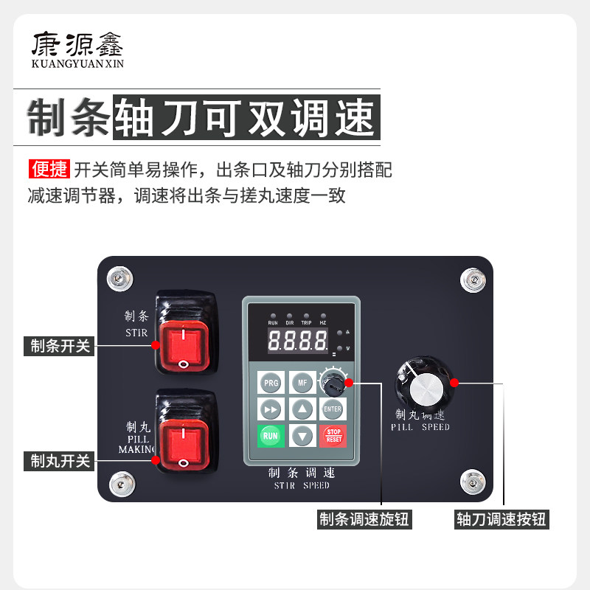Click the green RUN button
pyautogui.click(x=271, y=435)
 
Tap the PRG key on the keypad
pyautogui.click(x=271, y=383)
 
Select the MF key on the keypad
pyautogui.click(x=301, y=383)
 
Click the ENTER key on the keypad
pyautogui.click(x=333, y=409)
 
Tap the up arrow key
pyautogui.click(x=301, y=409)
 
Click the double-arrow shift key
pyautogui.click(x=271, y=409)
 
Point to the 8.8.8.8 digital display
pyautogui.click(x=297, y=341)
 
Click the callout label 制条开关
pyautogui.click(x=60, y=345)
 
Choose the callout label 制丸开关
pyautogui.click(x=60, y=461)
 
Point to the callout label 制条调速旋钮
pyautogui.click(x=364, y=520)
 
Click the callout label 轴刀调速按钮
pyautogui.click(x=502, y=520)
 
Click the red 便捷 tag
pyautogui.click(x=49, y=170)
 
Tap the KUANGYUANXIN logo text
pyautogui.click(x=77, y=64)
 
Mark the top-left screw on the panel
pyautogui.click(x=117, y=278)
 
